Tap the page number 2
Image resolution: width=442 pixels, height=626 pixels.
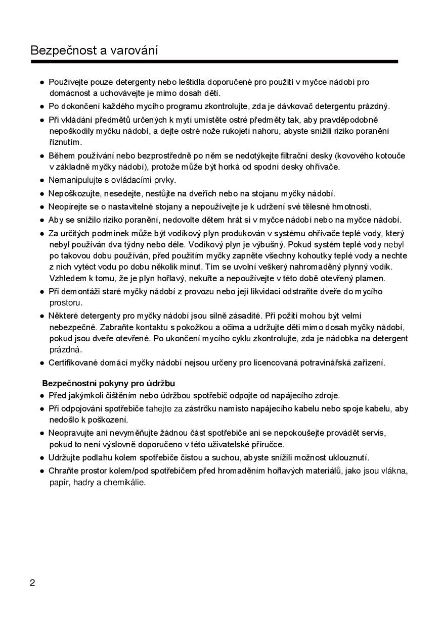point(33,583)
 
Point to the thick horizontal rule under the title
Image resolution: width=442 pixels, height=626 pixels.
point(214,62)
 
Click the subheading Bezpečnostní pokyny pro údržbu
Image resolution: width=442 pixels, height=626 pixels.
point(109,383)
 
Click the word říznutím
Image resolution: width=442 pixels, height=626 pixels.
point(65,142)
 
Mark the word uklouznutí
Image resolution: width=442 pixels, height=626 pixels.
point(348,458)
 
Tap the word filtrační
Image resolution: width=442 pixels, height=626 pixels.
point(290,155)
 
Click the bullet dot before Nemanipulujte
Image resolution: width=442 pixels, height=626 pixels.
point(42,180)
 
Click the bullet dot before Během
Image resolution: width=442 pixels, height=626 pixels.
point(42,156)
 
